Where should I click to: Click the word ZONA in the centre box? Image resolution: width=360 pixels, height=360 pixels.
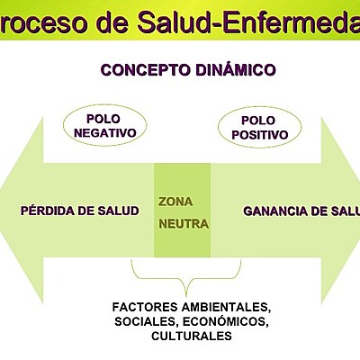pyautogui.click(x=175, y=201)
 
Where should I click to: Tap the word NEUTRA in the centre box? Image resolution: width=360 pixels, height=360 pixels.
pyautogui.click(x=184, y=222)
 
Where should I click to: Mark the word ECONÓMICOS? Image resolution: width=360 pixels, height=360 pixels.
pyautogui.click(x=222, y=321)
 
